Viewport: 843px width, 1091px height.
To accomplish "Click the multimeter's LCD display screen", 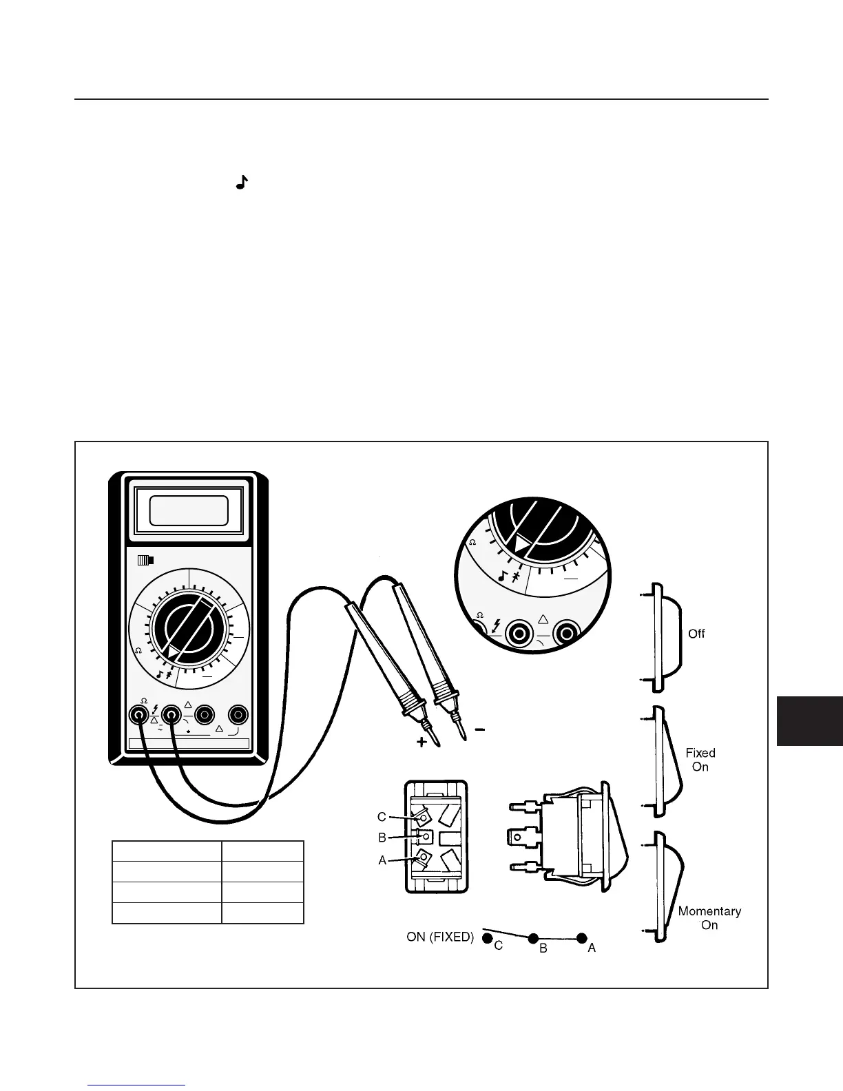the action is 189,511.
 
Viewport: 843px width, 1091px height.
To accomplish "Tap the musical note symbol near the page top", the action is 241,183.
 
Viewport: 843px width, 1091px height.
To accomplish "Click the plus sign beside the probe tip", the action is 421,742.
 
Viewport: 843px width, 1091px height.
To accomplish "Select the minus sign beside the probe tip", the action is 480,729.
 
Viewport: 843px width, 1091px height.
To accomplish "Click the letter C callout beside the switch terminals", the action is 382,817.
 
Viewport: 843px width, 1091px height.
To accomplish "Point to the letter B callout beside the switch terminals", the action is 382,838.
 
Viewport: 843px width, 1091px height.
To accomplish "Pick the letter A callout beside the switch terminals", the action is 382,860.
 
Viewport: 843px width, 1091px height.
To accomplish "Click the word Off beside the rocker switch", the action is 696,634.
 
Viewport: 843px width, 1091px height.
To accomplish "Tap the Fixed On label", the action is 700,760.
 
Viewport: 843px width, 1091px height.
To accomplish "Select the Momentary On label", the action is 709,917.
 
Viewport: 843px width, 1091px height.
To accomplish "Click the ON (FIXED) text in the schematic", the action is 440,937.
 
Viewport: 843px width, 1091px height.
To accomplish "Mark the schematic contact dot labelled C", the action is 487,938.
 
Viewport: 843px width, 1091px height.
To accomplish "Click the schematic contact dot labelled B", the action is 532,938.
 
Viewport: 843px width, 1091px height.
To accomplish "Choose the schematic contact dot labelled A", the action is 582,938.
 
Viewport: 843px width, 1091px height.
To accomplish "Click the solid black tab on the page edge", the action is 810,720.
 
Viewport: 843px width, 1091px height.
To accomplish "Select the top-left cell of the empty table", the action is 167,851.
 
